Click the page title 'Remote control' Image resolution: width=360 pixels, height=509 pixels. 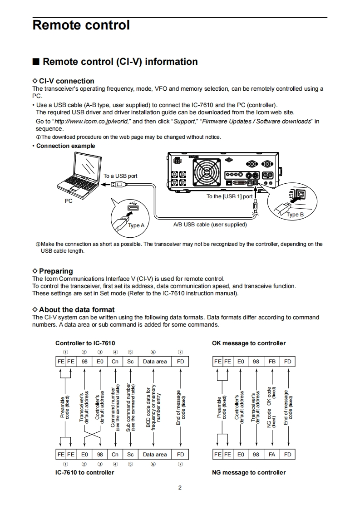point(81,25)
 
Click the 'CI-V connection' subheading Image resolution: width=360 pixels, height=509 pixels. point(66,81)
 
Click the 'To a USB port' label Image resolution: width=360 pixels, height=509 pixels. point(120,176)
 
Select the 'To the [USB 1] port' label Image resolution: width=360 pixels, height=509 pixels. point(229,196)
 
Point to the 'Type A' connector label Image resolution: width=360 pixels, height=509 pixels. point(136,225)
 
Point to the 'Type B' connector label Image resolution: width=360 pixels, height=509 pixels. point(295,215)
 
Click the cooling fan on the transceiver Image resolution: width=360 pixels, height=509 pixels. point(208,172)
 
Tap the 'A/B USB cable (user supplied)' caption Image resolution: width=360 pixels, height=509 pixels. point(210,225)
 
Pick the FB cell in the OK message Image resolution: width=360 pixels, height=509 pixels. point(272,362)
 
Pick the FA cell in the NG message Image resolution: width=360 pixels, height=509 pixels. point(272,454)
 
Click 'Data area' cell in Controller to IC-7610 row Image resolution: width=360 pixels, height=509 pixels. point(155,362)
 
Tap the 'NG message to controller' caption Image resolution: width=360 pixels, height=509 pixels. point(249,473)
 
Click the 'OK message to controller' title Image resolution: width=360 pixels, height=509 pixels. point(249,343)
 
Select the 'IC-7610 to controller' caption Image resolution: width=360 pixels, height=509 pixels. point(85,473)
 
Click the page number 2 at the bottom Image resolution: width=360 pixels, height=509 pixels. point(180,488)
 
